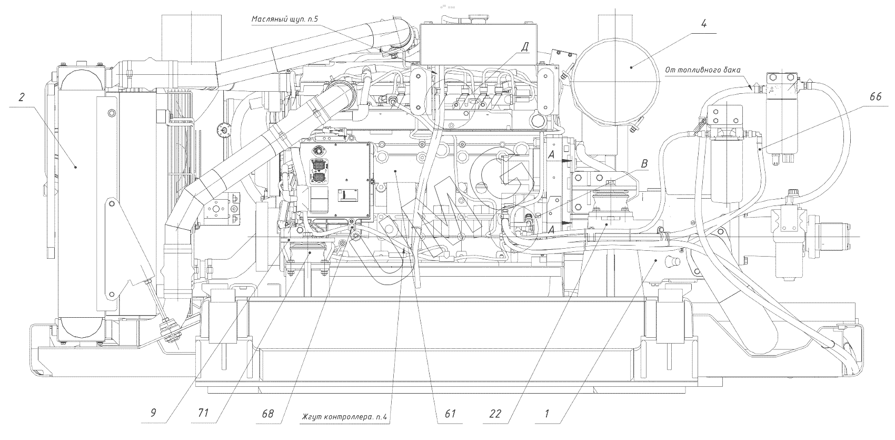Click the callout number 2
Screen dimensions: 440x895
click(x=22, y=97)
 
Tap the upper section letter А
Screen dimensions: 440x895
click(x=551, y=154)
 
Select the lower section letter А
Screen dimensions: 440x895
click(x=551, y=230)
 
